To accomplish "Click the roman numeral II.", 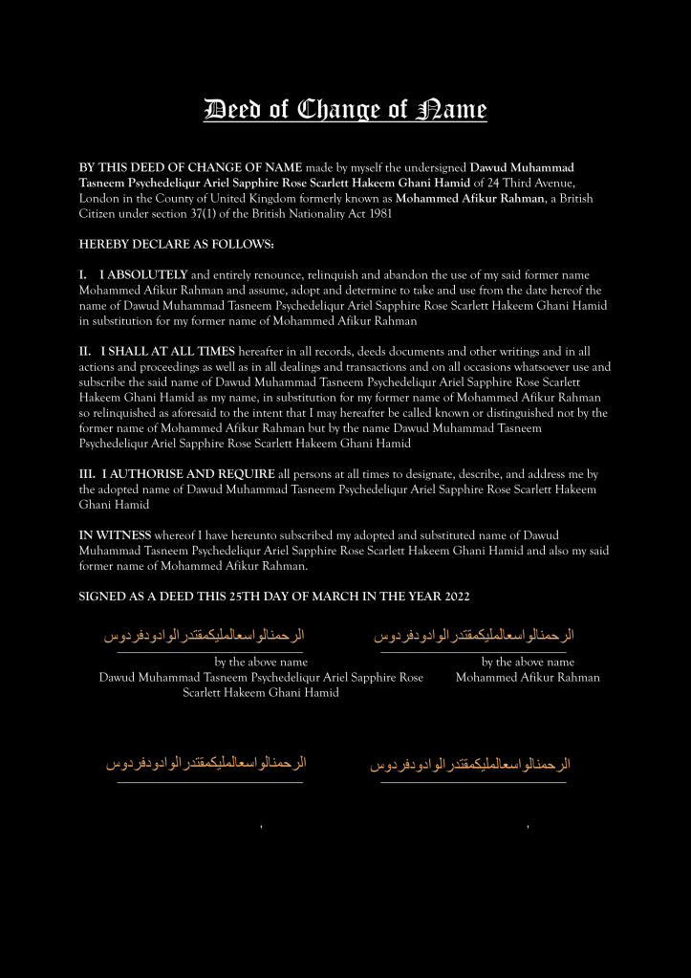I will click(85, 351).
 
